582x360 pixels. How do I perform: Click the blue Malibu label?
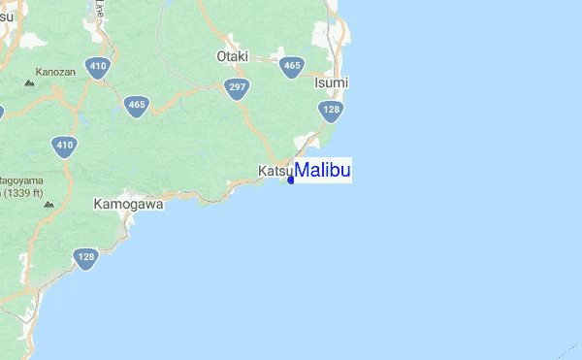[x=323, y=171]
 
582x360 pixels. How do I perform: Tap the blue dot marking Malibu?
[x=291, y=180]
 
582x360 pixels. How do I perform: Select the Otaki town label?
[x=233, y=56]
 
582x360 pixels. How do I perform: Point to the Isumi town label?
[x=332, y=83]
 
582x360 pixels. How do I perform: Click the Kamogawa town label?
[x=129, y=205]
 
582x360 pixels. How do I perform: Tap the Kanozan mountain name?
[x=55, y=72]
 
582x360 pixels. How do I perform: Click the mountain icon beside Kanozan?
[x=29, y=83]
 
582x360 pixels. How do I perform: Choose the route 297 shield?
[x=234, y=87]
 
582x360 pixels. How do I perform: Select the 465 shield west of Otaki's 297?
[x=136, y=104]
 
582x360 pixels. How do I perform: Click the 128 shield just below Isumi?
[x=332, y=112]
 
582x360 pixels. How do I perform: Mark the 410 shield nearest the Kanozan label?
[x=96, y=68]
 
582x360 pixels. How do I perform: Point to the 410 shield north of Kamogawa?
[x=64, y=147]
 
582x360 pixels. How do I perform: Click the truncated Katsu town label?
[x=275, y=172]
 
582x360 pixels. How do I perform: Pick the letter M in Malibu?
[x=302, y=171]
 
